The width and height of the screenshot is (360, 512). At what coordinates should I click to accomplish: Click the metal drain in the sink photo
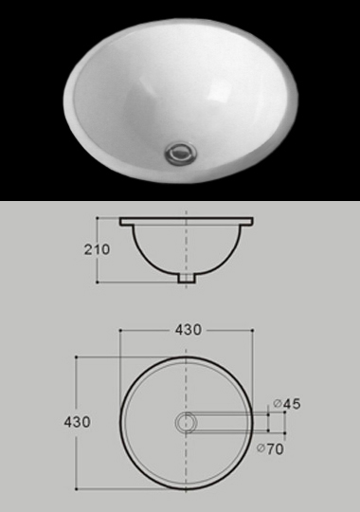(x=181, y=153)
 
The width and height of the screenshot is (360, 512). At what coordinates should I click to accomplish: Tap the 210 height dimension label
(x=97, y=249)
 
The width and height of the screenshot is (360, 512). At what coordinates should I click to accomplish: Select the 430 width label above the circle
(x=189, y=330)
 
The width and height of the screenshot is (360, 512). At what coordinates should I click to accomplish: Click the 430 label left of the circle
(x=77, y=422)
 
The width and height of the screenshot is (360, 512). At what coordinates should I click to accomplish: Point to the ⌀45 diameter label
(x=286, y=404)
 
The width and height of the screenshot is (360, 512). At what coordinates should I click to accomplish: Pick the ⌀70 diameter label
(x=270, y=449)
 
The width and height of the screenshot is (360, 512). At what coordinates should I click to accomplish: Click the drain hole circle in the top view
(x=186, y=422)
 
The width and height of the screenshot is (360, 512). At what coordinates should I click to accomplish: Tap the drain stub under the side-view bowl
(x=187, y=278)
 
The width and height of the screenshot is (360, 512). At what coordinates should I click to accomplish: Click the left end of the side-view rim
(x=120, y=221)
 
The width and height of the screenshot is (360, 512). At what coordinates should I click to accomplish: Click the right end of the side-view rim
(x=252, y=221)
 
